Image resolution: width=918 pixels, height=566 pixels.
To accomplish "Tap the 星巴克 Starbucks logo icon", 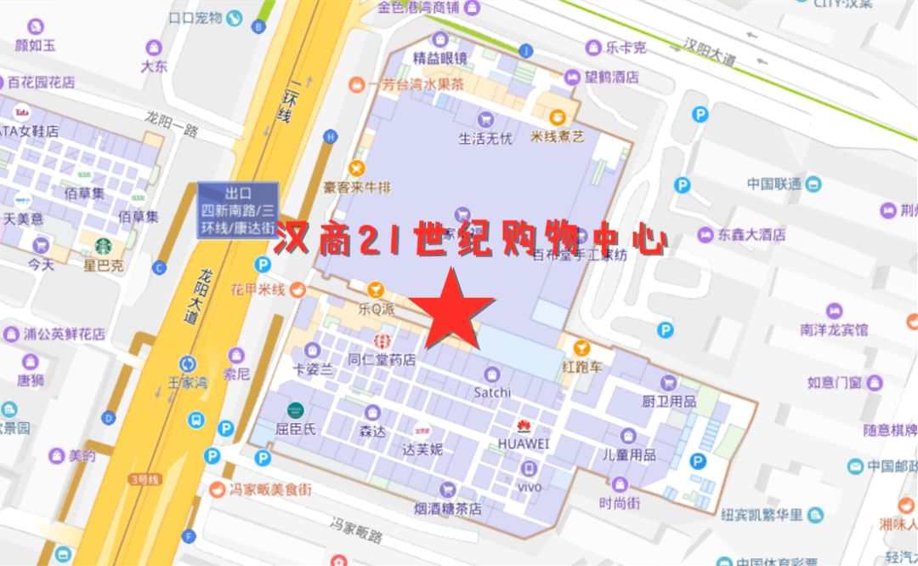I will click(x=104, y=246).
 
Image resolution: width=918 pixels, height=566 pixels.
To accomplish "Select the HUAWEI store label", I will click(x=524, y=443).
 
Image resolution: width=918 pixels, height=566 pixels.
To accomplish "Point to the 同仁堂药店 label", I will click(x=381, y=360).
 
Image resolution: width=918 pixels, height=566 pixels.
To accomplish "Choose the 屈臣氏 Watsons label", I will click(x=296, y=430).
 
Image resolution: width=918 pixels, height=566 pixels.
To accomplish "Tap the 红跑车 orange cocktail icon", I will click(x=581, y=348).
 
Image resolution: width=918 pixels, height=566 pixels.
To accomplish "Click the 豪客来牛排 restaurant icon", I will click(x=357, y=168).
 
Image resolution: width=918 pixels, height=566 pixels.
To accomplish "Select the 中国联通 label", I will click(x=773, y=183).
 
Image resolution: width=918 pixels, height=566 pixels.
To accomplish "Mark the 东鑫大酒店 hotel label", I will click(x=752, y=234).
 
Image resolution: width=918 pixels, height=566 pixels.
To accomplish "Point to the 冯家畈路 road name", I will click(x=357, y=534).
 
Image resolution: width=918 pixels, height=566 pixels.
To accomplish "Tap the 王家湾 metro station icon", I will click(x=187, y=364).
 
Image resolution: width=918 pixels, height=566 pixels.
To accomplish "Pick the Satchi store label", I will click(x=492, y=392).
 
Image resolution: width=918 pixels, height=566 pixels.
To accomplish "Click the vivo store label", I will click(x=530, y=487).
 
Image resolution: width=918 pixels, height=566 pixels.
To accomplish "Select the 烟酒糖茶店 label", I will click(x=448, y=508).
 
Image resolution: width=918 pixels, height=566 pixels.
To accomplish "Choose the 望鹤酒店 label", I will click(x=609, y=77).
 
